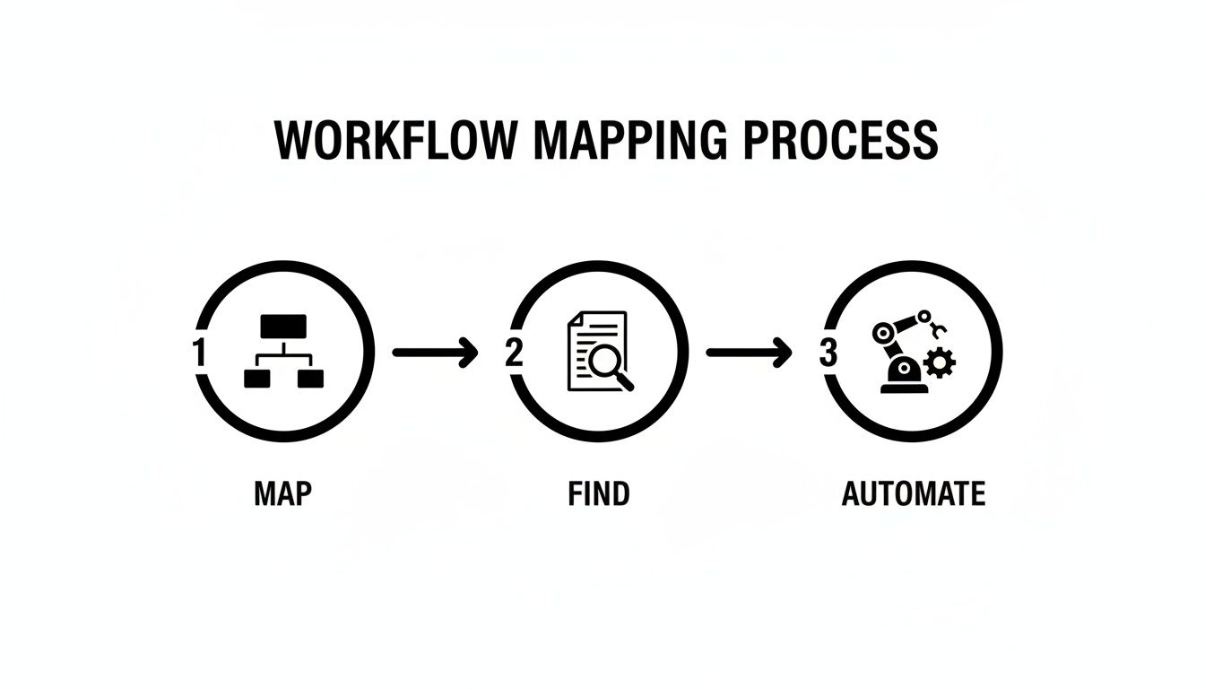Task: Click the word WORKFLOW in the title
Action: tap(396, 141)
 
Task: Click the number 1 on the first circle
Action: tap(199, 353)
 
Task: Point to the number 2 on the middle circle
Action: tap(514, 353)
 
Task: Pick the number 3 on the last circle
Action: tap(828, 353)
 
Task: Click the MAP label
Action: tap(282, 493)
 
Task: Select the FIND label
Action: tap(598, 493)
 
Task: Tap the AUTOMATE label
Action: tap(913, 493)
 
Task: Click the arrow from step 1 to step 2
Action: tap(436, 353)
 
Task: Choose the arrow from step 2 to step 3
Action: tap(750, 353)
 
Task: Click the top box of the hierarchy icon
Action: tap(282, 326)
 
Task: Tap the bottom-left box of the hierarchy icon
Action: tap(256, 379)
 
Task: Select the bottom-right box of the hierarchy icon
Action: tap(309, 379)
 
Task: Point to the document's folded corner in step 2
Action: tap(575, 319)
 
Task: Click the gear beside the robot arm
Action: tap(939, 363)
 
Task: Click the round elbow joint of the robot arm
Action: tap(884, 333)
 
